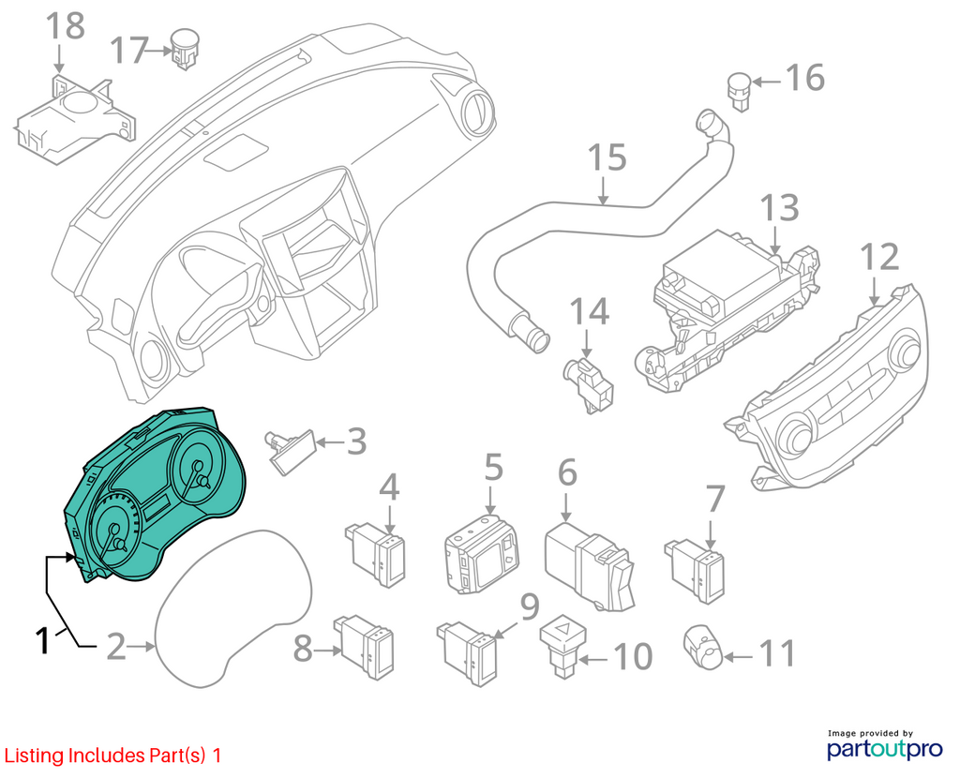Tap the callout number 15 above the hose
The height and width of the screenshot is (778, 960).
pyautogui.click(x=607, y=157)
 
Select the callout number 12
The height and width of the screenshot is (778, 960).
pyautogui.click(x=879, y=257)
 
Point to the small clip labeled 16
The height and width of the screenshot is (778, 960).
pyautogui.click(x=739, y=91)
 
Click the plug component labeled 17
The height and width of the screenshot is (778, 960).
pyautogui.click(x=183, y=48)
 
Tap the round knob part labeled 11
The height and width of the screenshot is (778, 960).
pyautogui.click(x=704, y=649)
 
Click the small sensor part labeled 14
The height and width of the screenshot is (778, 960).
pyautogui.click(x=589, y=385)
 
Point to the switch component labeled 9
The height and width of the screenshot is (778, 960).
pyautogui.click(x=467, y=653)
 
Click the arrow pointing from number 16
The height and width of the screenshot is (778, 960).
pyautogui.click(x=766, y=81)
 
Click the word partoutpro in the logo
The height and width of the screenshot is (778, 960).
pyautogui.click(x=885, y=749)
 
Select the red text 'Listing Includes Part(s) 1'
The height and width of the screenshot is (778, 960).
pyautogui.click(x=112, y=756)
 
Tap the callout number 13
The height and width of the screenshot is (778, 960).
pyautogui.click(x=779, y=208)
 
